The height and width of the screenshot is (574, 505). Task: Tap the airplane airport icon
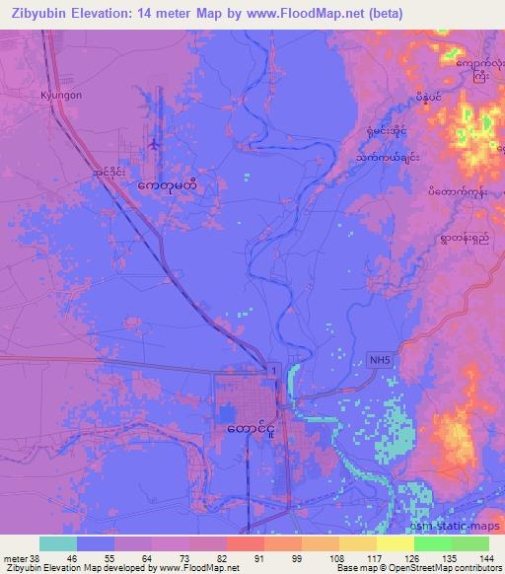[x=155, y=146]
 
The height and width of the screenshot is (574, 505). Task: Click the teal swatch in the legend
[x=58, y=543]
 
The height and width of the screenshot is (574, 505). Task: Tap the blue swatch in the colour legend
[x=96, y=543]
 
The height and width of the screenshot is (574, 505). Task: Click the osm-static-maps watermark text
[x=455, y=528]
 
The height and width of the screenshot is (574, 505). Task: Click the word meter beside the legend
[x=16, y=557]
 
